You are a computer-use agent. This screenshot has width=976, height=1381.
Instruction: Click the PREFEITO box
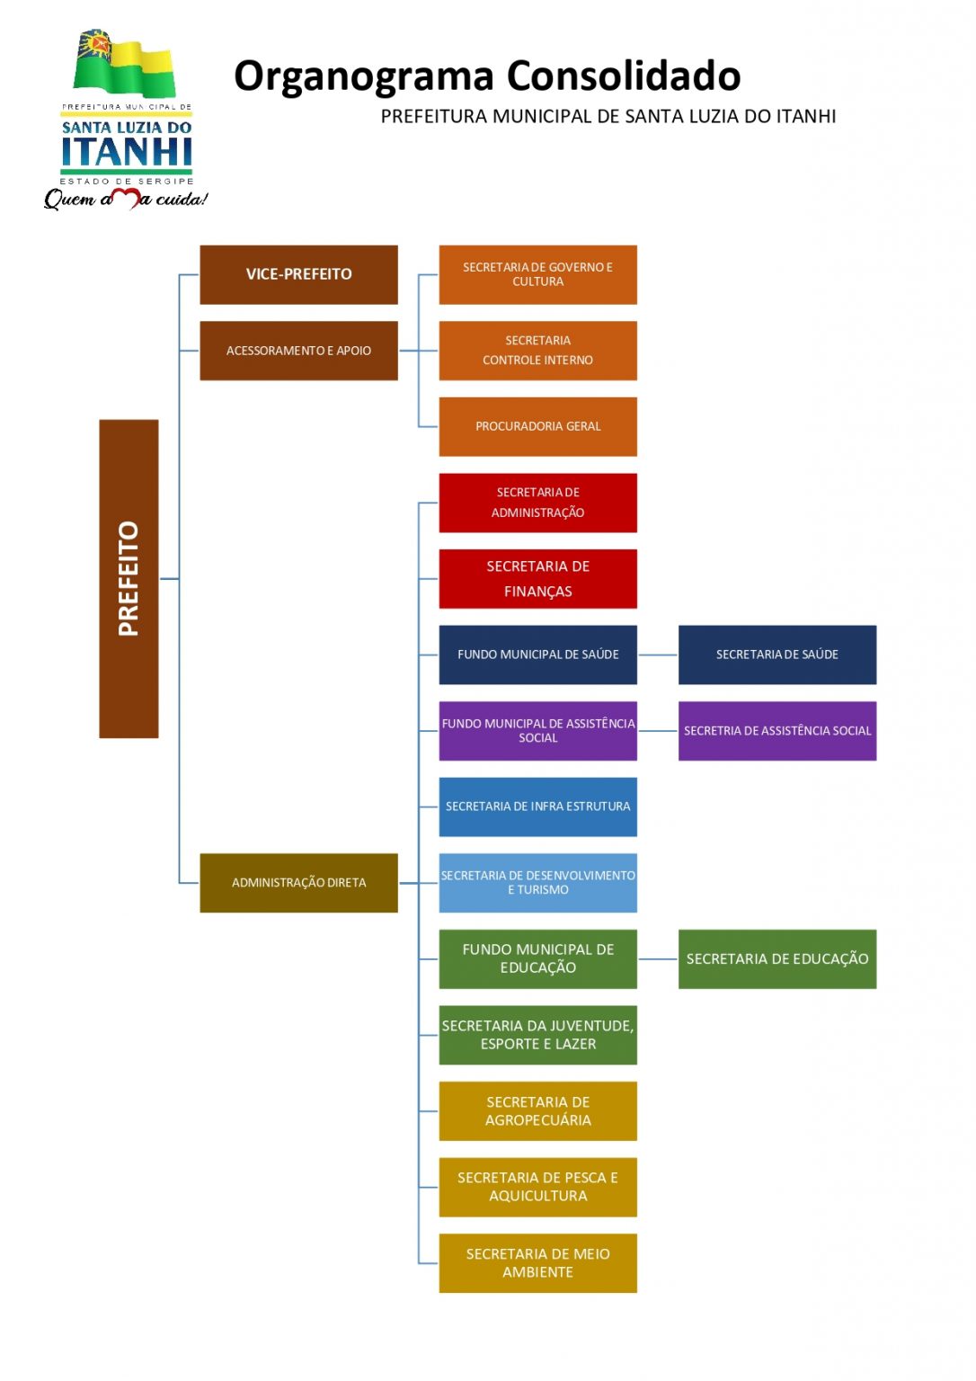(x=129, y=579)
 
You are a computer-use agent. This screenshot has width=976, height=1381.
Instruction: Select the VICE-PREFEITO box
(x=298, y=274)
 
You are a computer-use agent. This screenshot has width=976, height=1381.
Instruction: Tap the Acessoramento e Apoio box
(x=298, y=351)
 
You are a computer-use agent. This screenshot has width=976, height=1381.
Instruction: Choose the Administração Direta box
(x=298, y=883)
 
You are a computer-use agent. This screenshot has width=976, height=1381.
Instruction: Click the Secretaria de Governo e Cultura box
(x=537, y=274)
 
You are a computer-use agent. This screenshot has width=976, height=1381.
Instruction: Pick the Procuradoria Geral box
(x=537, y=426)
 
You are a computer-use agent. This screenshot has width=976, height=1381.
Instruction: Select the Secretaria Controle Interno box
(x=537, y=351)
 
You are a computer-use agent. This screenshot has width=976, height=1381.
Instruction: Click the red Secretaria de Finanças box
(x=537, y=579)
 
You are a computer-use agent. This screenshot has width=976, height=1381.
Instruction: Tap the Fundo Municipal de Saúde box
(x=537, y=655)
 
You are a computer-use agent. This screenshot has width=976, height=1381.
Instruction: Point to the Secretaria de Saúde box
(x=776, y=655)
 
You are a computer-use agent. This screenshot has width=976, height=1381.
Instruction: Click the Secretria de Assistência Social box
(x=776, y=731)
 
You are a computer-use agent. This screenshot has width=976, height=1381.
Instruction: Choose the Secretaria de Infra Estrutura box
(x=537, y=806)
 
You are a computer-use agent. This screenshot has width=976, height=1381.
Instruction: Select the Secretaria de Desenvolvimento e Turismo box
(x=537, y=883)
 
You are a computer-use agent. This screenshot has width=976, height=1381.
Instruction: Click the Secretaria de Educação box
(x=776, y=959)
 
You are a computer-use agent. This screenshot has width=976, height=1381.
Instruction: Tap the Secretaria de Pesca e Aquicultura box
(x=537, y=1187)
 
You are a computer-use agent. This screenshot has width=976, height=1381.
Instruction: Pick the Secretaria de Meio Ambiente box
(x=537, y=1263)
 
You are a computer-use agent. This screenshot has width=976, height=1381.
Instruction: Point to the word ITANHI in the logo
(x=127, y=152)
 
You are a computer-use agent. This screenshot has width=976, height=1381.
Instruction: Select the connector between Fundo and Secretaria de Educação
(x=658, y=959)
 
